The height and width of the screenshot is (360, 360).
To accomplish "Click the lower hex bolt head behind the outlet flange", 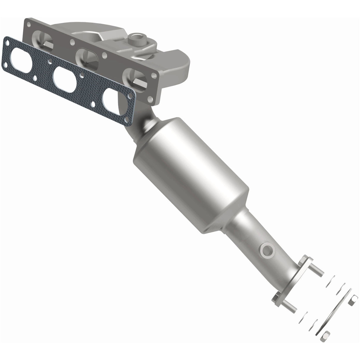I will [276, 297].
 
